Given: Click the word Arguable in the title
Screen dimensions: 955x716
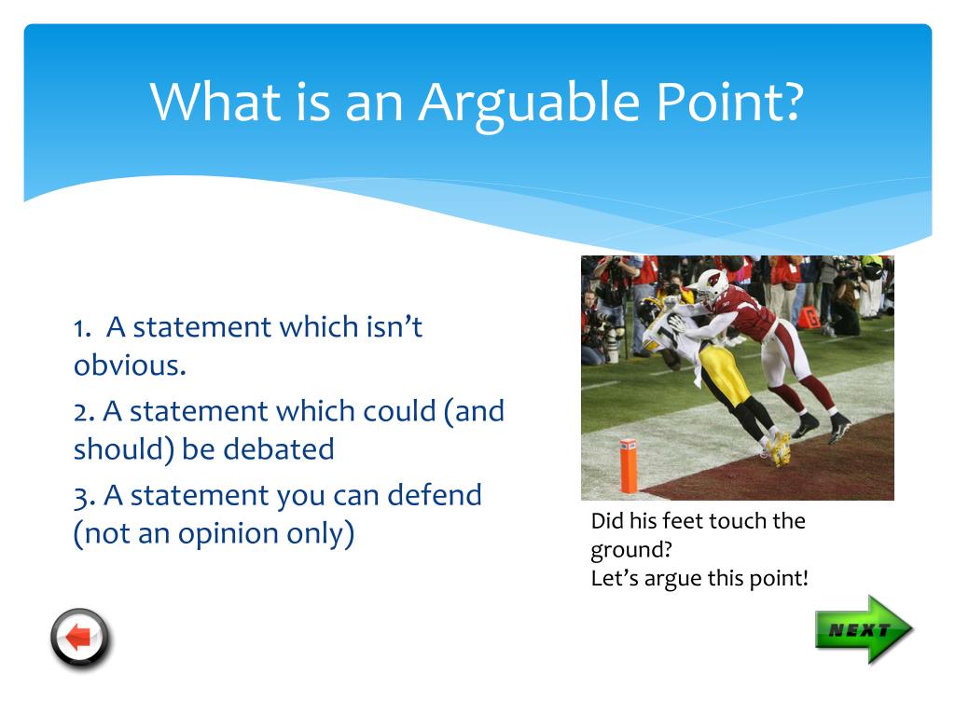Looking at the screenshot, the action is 529,104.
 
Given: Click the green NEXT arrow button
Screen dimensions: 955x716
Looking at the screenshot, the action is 864,629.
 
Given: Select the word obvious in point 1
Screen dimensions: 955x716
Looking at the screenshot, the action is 129,365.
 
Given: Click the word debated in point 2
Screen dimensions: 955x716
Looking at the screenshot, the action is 278,448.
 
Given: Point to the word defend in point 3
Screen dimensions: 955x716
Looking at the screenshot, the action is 435,494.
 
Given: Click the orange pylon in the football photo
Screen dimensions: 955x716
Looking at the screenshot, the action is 629,466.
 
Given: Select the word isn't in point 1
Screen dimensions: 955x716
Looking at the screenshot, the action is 394,327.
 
